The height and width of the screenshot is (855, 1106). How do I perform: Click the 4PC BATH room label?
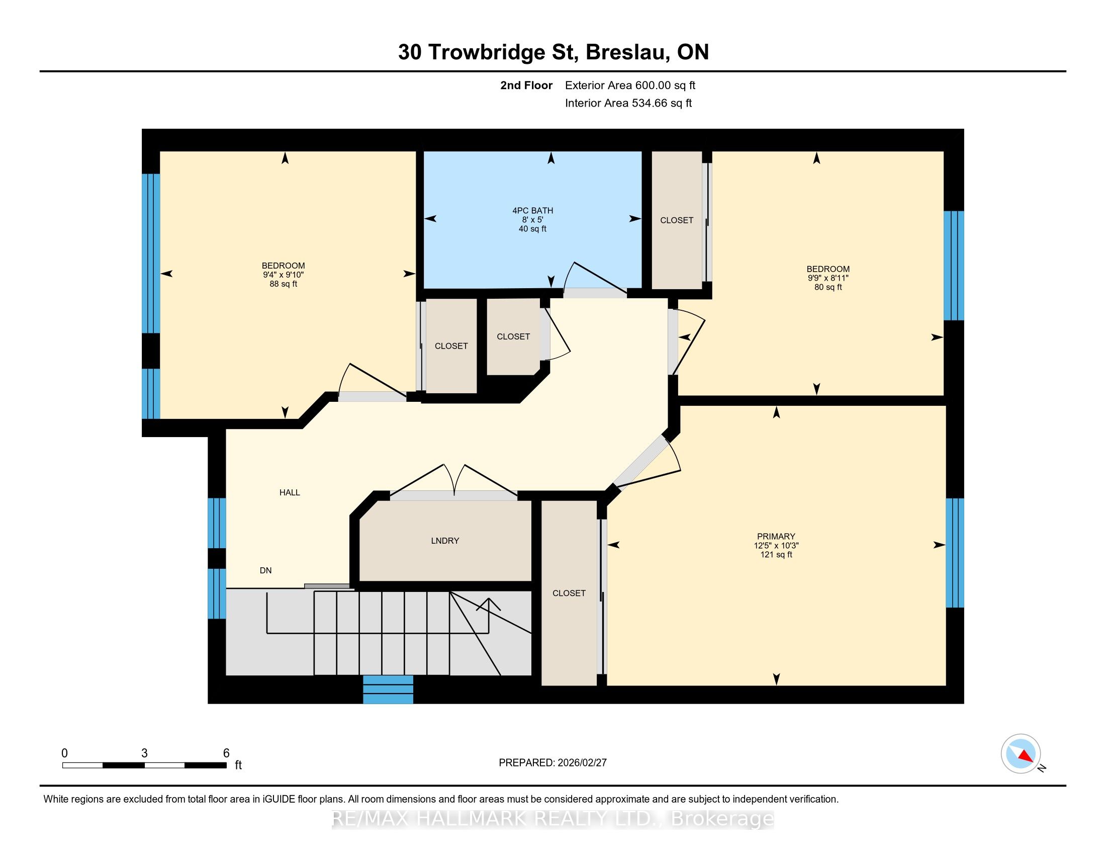532,210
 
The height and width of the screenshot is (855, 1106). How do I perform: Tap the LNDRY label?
445,541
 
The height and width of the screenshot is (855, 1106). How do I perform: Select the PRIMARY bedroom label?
776,537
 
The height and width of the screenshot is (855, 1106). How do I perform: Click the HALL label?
290,492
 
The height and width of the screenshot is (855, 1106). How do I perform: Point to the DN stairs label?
265,570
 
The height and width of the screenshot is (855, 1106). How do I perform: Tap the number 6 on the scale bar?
226,753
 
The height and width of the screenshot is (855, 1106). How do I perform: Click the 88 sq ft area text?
283,284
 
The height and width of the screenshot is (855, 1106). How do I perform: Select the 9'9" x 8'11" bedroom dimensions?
828,278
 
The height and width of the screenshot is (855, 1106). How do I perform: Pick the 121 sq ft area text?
776,555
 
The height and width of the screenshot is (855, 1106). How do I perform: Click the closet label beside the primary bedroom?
569,593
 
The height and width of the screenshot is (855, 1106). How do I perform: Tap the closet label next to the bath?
677,220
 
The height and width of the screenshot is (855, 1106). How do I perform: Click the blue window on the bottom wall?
388,690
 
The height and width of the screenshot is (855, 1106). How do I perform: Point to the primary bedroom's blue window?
955,553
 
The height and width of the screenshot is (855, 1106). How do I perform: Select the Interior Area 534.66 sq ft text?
628,103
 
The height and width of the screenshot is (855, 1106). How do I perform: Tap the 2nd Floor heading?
526,85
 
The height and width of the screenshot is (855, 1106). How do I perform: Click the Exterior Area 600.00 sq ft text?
630,85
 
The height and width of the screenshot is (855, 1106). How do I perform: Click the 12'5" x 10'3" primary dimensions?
776,546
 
